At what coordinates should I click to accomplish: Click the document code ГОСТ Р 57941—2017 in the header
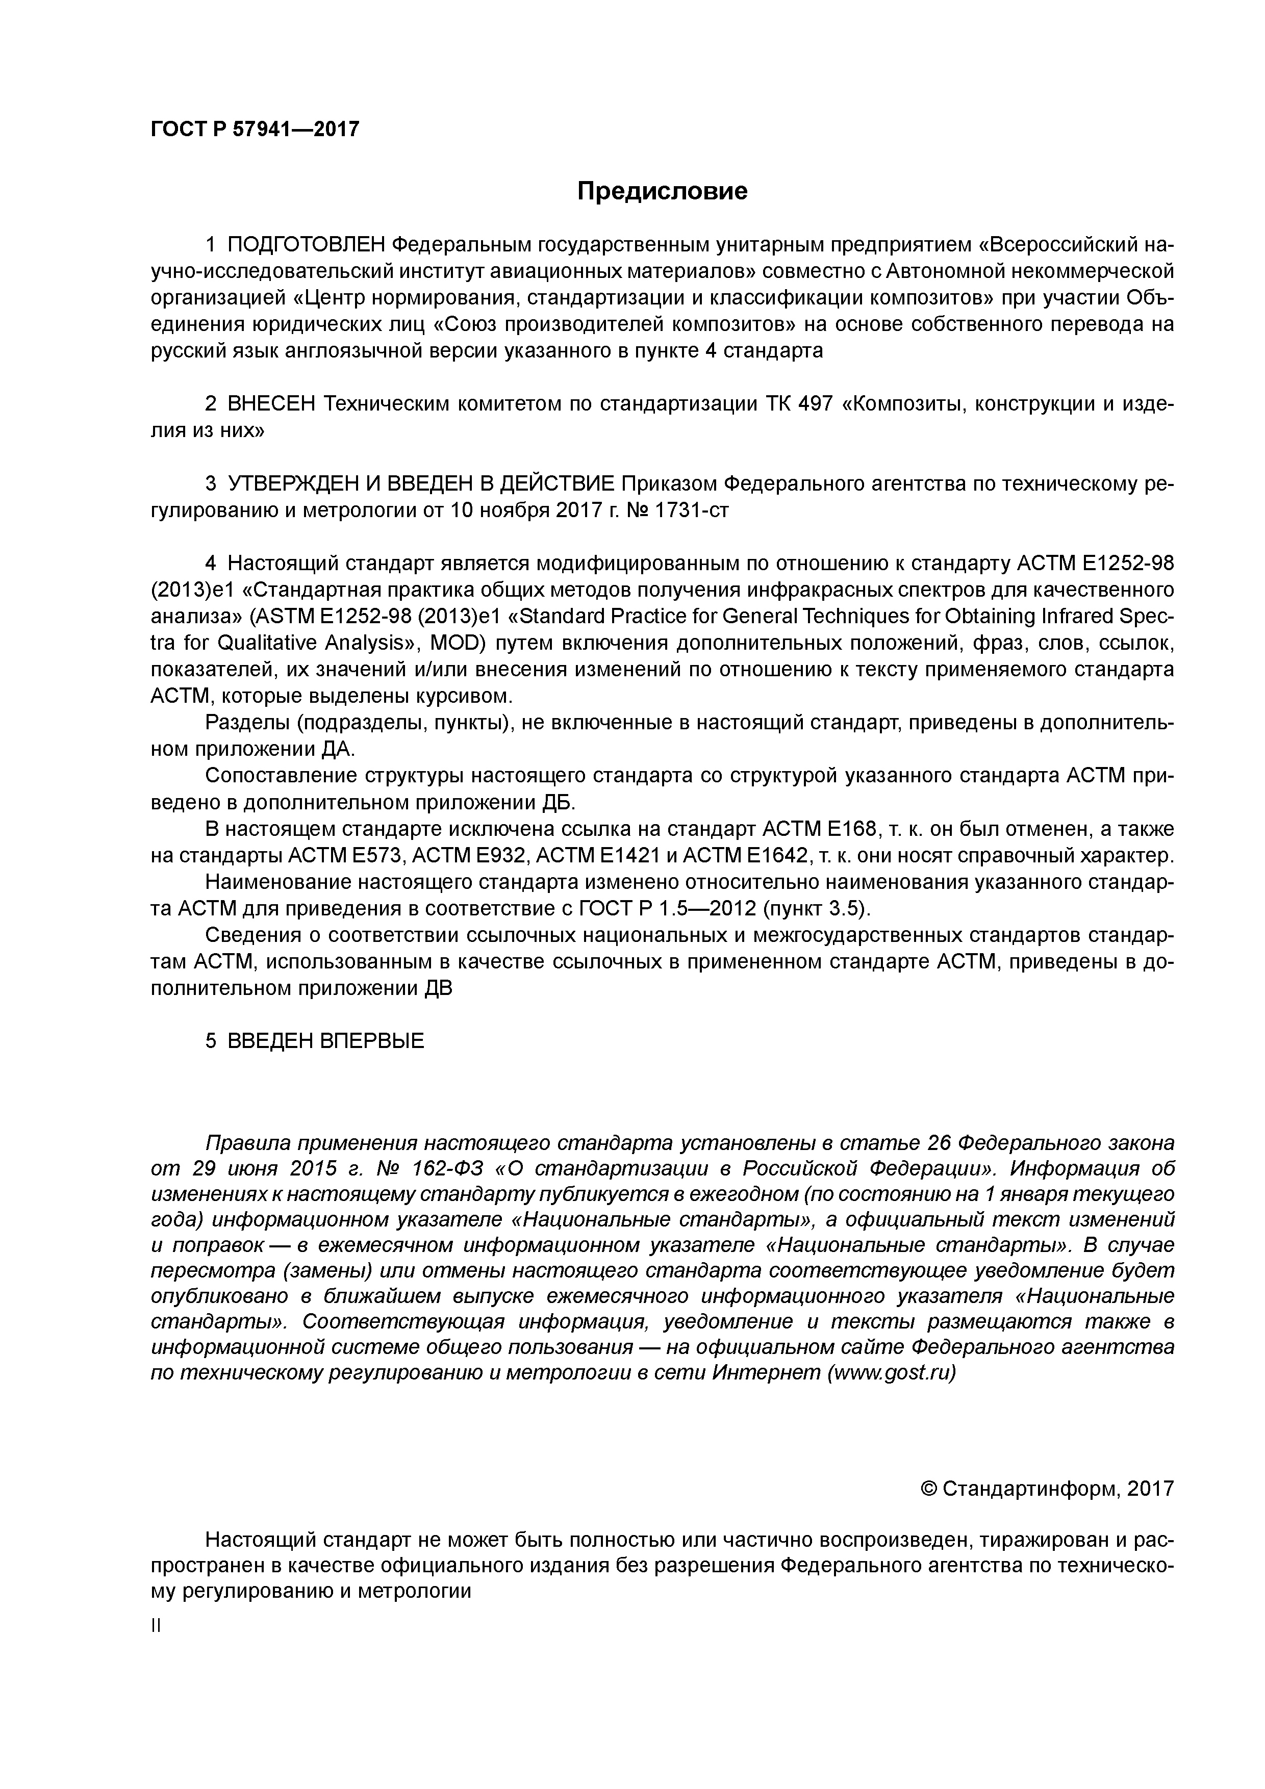(255, 129)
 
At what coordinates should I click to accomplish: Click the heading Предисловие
(662, 191)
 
